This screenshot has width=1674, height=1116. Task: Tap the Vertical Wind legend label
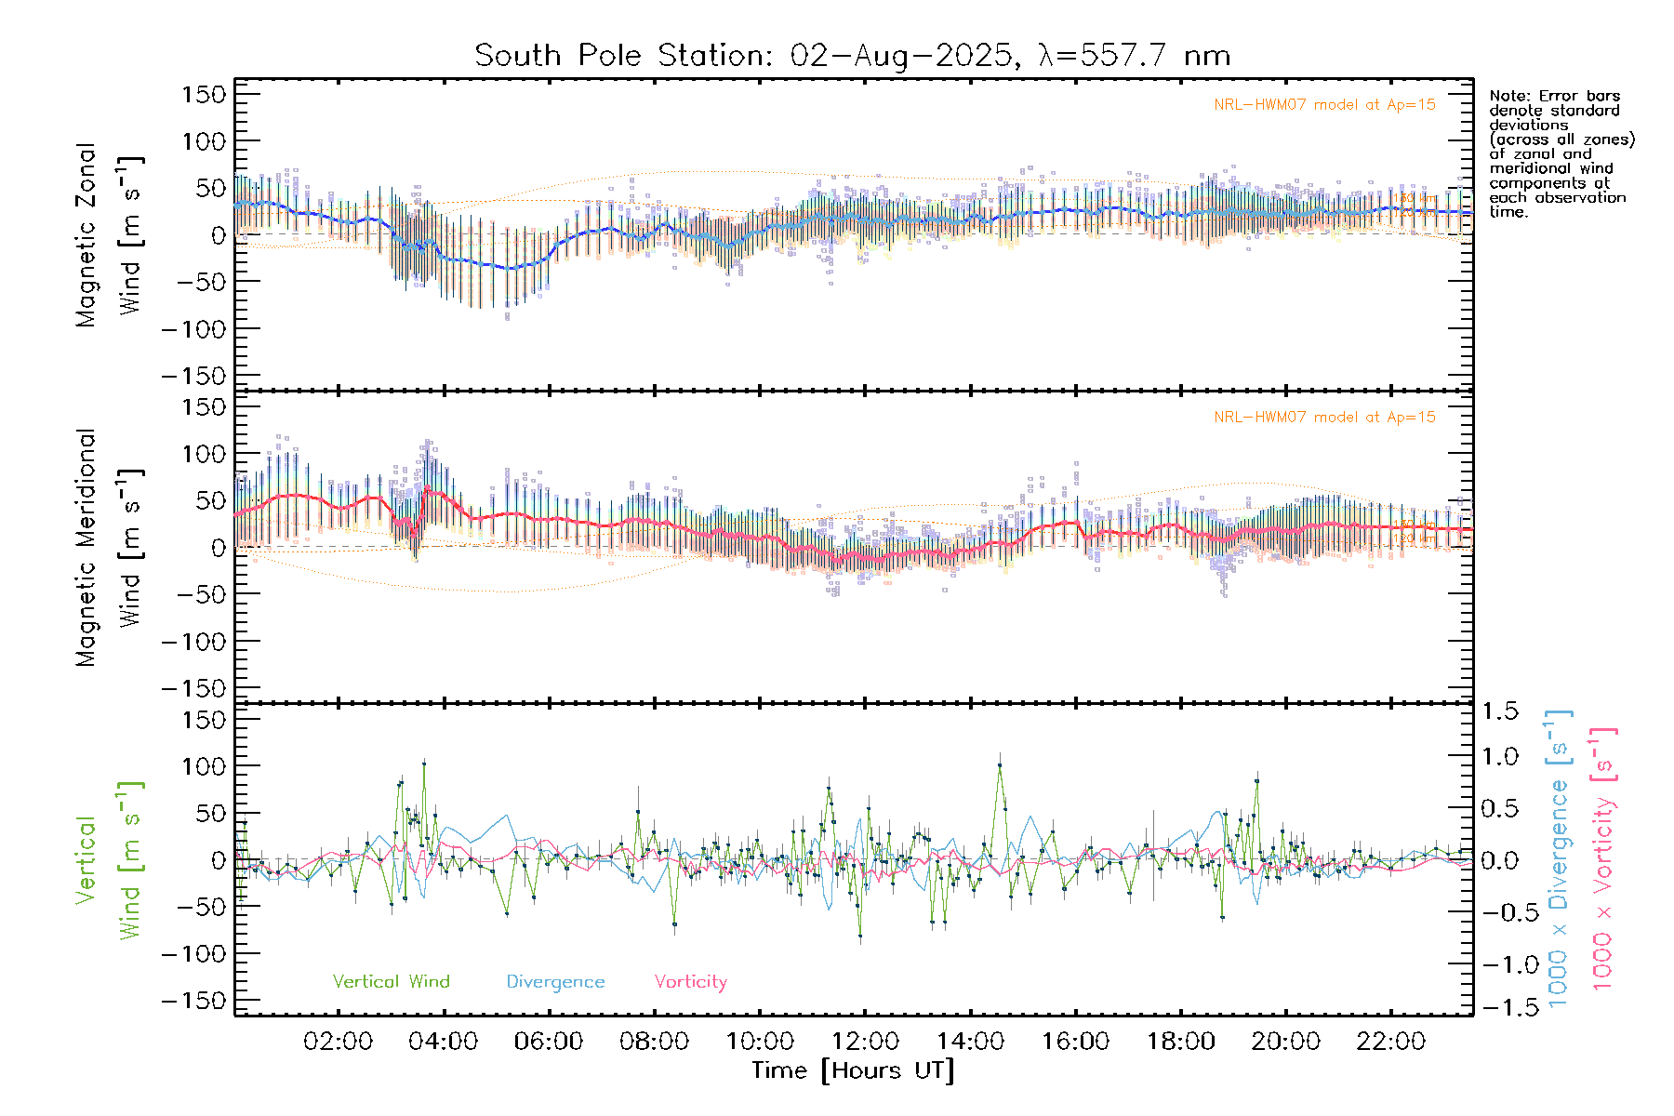[391, 981]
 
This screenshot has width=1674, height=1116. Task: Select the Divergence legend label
[555, 981]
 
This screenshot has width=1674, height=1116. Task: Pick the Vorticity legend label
[690, 981]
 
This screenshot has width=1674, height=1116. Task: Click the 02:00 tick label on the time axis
[338, 1042]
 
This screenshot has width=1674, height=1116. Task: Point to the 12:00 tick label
[865, 1042]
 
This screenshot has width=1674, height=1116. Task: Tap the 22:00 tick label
[1390, 1042]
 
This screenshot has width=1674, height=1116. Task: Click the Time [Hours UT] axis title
[853, 1070]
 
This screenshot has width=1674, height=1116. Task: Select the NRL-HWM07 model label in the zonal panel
[1324, 105]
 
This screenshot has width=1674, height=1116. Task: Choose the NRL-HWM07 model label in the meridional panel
[1324, 418]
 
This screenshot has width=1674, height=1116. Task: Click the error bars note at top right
[1561, 153]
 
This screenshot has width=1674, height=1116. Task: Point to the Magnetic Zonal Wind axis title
[110, 234]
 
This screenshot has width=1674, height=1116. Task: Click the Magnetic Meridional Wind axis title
[110, 548]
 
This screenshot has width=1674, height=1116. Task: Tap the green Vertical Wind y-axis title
[110, 860]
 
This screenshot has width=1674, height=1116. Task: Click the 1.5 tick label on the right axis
[1500, 711]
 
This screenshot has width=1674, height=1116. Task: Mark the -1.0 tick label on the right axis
[1500, 964]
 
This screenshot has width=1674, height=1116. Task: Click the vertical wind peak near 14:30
[1000, 765]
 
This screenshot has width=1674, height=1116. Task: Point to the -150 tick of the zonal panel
[193, 376]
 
